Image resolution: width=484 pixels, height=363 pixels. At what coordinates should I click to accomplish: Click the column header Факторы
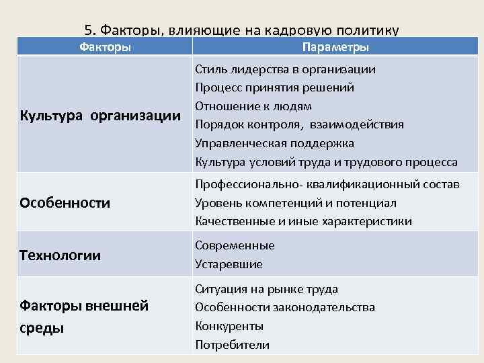click(x=105, y=47)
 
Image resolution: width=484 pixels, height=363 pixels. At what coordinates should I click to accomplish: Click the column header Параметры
click(x=335, y=47)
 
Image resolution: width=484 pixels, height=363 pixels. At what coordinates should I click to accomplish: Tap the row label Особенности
click(x=65, y=203)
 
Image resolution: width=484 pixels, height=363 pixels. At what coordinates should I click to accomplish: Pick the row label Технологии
click(x=61, y=255)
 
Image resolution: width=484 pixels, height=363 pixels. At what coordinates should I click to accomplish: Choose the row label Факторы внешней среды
click(x=83, y=317)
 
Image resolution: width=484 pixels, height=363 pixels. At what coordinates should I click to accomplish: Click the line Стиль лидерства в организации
click(x=285, y=69)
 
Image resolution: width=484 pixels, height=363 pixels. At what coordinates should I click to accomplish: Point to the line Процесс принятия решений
click(x=274, y=87)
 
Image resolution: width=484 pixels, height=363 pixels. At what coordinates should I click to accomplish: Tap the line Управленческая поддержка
click(x=274, y=143)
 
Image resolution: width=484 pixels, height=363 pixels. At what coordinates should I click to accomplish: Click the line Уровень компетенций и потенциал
click(x=295, y=202)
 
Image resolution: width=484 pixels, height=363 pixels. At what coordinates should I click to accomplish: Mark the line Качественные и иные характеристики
click(x=303, y=221)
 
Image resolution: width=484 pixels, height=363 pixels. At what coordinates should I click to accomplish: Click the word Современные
click(x=235, y=245)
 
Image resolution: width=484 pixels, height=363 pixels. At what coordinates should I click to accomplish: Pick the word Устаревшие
click(x=229, y=264)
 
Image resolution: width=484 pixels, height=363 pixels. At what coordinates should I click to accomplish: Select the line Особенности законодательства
click(x=285, y=307)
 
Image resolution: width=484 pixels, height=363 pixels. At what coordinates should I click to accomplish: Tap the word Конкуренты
click(x=229, y=326)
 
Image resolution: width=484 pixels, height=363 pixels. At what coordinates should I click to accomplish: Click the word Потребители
click(x=232, y=345)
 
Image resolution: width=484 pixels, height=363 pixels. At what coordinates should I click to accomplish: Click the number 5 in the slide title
click(x=89, y=30)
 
